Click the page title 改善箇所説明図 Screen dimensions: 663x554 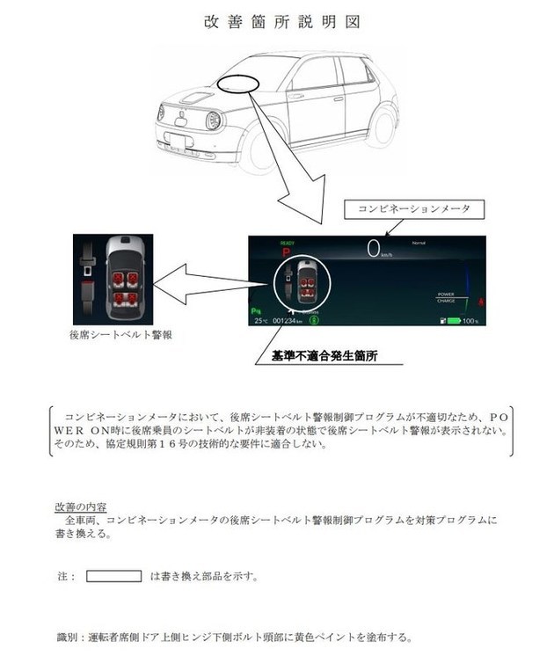coord(277,20)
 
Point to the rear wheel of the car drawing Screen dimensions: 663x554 coord(384,122)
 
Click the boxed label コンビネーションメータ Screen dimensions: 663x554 coord(413,209)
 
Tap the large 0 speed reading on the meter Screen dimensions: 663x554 coord(375,249)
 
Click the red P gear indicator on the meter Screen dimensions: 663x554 coord(285,251)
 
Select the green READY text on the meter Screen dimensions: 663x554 coord(287,241)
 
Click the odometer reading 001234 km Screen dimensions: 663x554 coord(288,322)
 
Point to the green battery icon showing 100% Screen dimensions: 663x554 coord(452,321)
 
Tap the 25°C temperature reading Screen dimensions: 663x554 coord(260,322)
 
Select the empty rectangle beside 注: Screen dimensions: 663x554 coord(114,576)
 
